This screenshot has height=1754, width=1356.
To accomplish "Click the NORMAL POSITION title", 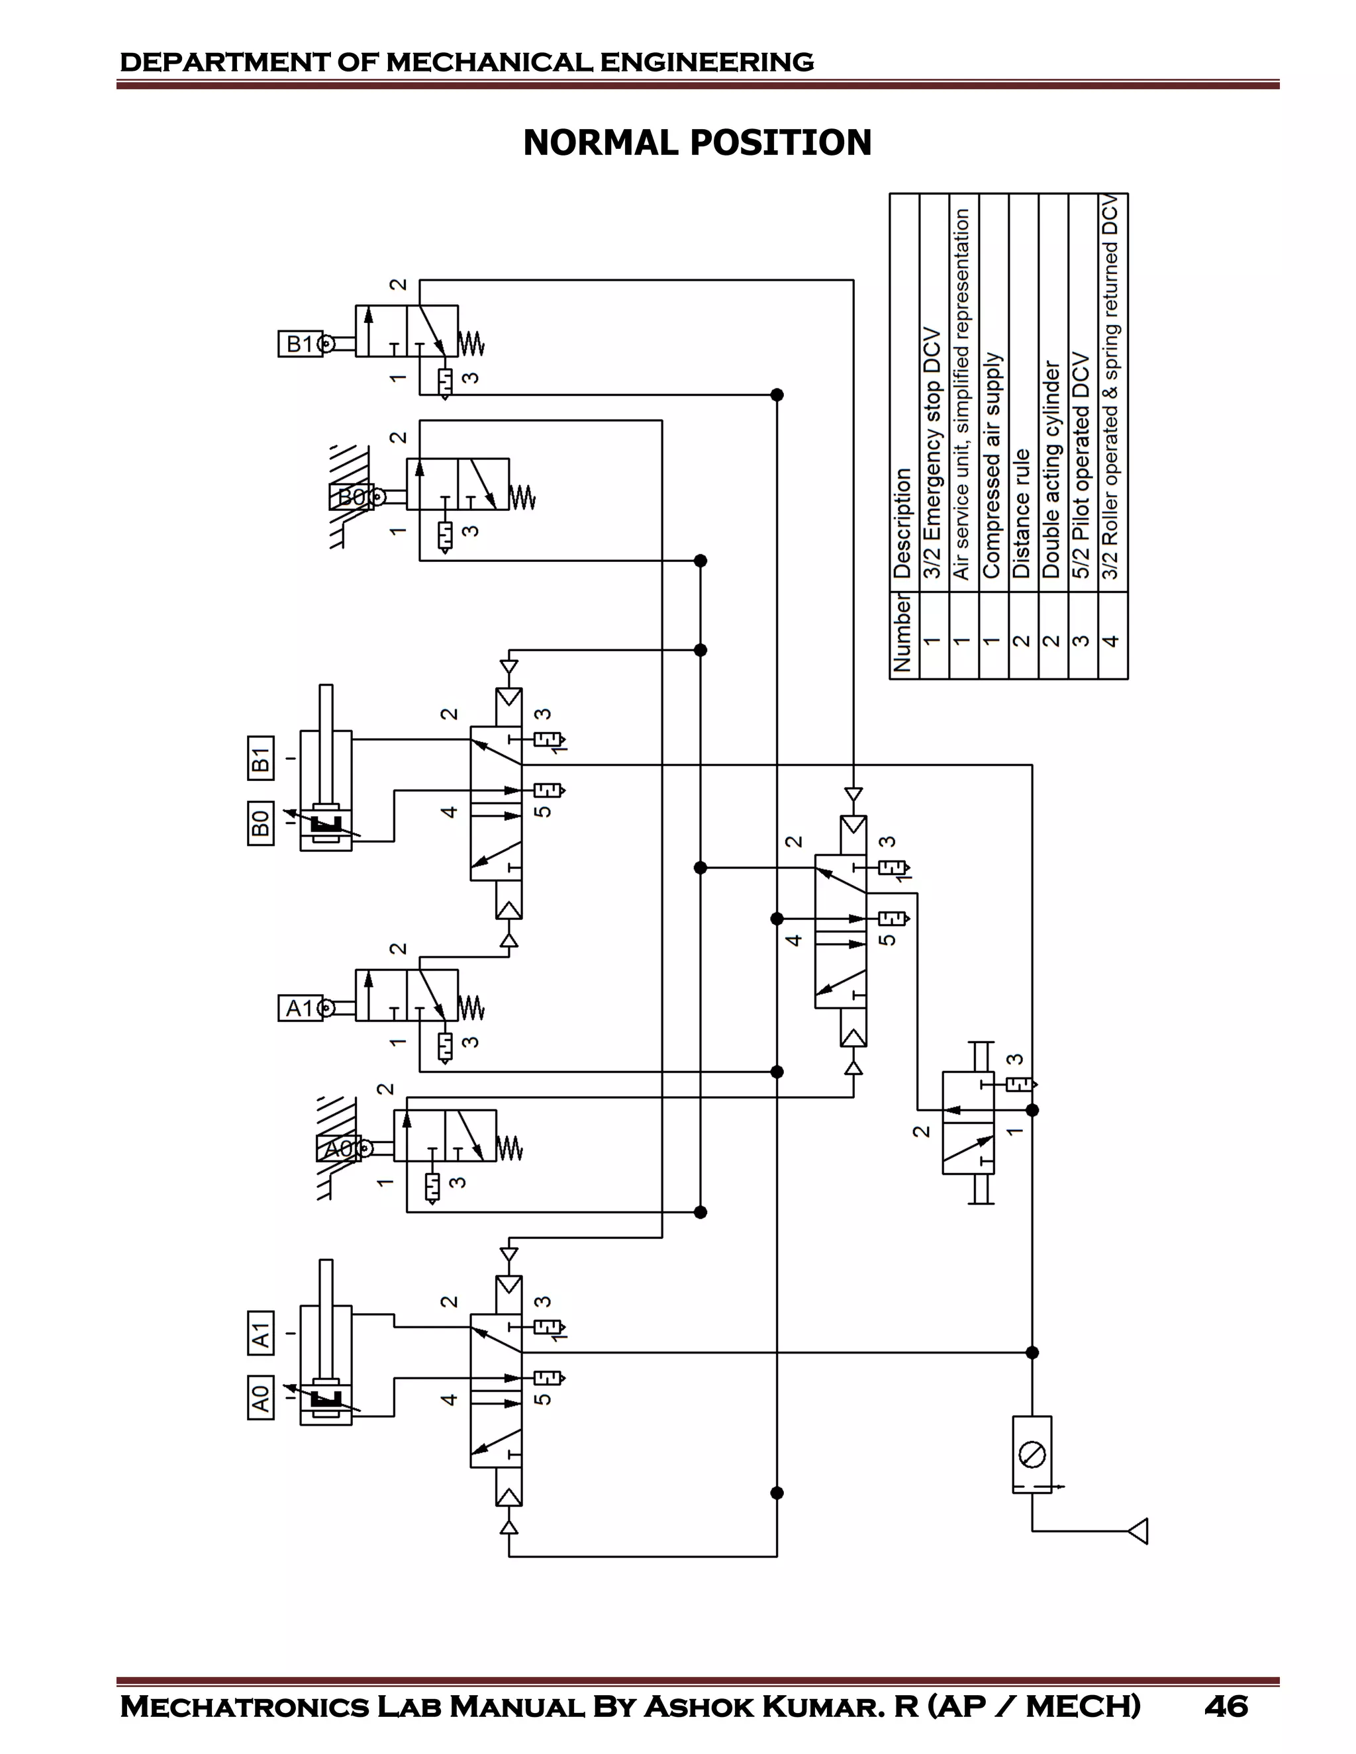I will (697, 143).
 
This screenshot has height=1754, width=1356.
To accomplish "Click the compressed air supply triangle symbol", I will (1138, 1531).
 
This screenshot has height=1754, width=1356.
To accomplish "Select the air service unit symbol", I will (1032, 1454).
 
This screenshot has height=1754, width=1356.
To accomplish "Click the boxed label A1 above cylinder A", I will (260, 1332).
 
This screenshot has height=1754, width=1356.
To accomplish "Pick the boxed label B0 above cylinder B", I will (260, 823).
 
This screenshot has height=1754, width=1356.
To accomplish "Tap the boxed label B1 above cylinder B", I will (260, 758).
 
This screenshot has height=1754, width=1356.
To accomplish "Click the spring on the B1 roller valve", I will (471, 344).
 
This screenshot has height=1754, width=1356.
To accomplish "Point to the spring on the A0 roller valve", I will (509, 1148).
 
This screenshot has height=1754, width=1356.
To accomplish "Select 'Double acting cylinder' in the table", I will (1051, 470).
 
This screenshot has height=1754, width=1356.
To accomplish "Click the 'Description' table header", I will (902, 523).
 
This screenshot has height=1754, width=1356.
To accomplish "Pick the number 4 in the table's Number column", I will (1112, 640).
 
